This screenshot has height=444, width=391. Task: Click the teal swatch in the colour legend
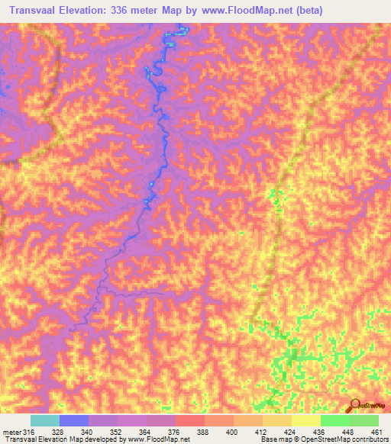(45, 420)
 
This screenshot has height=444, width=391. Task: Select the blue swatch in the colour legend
(74, 420)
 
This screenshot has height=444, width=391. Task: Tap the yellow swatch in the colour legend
(306, 420)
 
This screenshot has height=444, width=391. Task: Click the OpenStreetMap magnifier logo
(354, 407)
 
